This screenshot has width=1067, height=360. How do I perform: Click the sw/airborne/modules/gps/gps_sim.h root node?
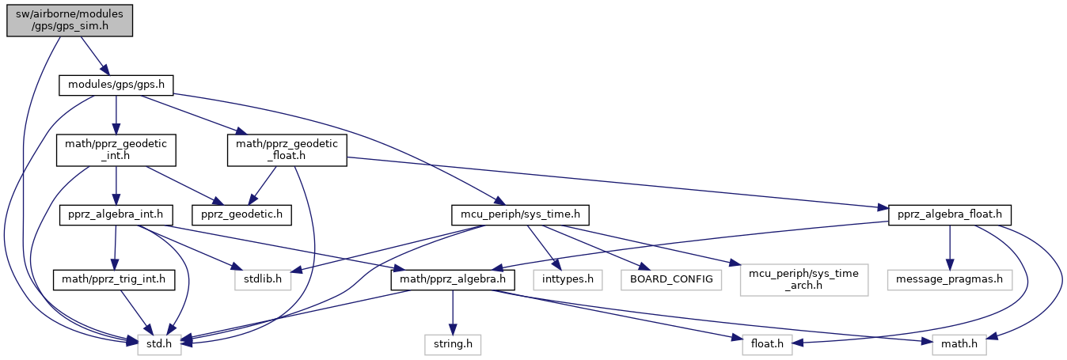69,18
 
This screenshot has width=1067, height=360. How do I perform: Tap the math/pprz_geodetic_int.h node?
116,150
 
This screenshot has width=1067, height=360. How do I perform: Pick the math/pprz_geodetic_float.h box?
287,150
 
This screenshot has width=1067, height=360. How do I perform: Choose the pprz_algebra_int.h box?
116,214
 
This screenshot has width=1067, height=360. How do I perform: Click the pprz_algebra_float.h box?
950,214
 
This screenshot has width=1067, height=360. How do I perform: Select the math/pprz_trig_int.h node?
116,279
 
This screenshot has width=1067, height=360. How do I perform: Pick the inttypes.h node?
568,279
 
